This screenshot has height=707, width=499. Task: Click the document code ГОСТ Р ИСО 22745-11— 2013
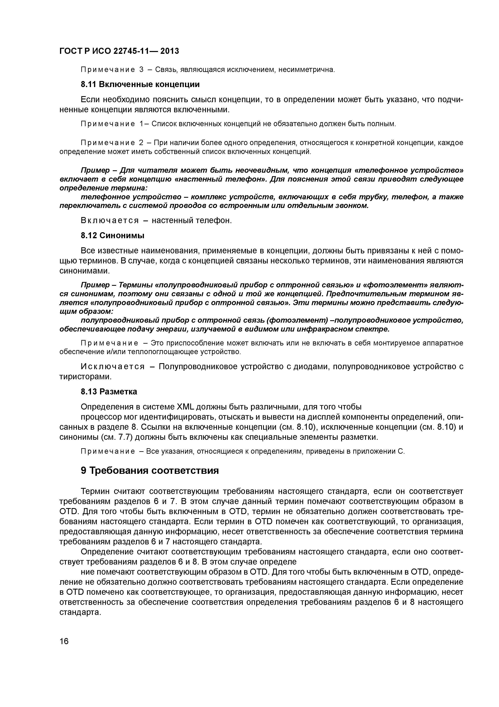119,51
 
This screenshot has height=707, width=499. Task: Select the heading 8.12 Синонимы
113,236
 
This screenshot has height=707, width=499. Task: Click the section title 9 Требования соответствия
150,471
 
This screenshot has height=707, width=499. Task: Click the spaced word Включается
110,220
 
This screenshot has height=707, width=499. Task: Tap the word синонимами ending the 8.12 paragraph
84,271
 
